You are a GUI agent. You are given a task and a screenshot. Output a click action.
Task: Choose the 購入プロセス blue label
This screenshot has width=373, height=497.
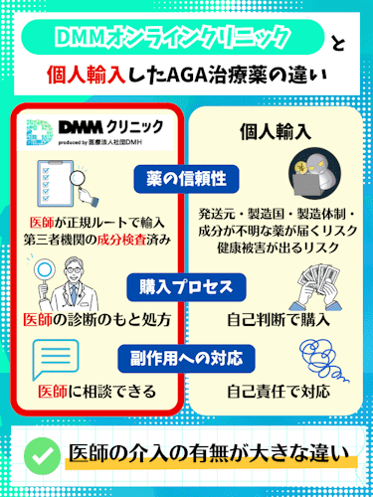point(185,286)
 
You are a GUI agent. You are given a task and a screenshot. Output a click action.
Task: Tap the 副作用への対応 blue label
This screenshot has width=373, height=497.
point(185,355)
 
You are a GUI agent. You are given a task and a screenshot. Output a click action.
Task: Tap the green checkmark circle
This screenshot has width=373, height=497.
point(39,453)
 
